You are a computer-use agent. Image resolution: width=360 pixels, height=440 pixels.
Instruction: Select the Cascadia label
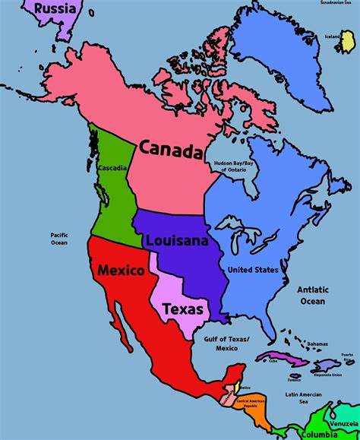(x=111, y=167)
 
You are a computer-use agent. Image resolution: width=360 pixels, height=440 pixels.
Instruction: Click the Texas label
(x=183, y=309)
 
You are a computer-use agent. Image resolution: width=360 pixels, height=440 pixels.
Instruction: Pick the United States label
(x=253, y=270)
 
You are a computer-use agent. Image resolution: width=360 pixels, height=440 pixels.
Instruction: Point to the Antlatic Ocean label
(x=312, y=294)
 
